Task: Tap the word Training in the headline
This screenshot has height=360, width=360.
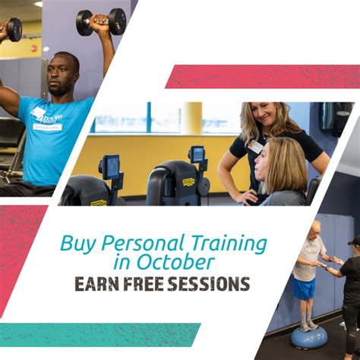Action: (229, 244)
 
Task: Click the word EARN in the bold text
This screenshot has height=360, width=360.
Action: (96, 284)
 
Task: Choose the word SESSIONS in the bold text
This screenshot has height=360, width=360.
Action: (209, 284)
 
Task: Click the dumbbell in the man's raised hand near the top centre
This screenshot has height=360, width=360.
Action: (101, 22)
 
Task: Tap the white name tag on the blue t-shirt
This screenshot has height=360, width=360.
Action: (47, 127)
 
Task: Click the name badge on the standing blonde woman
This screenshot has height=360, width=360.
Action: (256, 147)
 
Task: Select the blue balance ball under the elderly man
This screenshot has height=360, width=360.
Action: (309, 336)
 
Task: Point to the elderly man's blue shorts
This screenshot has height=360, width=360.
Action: (304, 287)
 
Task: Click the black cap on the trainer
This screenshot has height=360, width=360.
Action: (355, 241)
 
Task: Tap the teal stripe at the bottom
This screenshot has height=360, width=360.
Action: (100, 335)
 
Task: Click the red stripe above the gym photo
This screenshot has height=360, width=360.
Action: (263, 77)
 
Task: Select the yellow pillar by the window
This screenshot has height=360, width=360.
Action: (192, 118)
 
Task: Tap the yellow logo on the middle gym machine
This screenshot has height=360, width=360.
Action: (188, 182)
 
